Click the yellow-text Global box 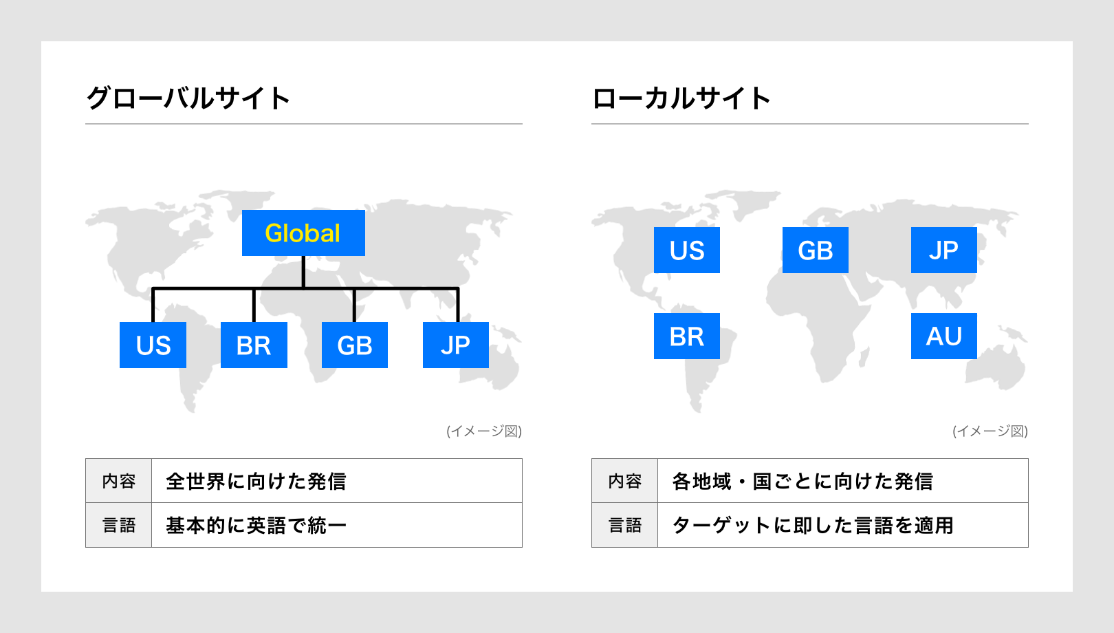pos(303,233)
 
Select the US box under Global pos(153,345)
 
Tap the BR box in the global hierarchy pos(254,345)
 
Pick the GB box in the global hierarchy pos(355,345)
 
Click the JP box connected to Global pos(456,345)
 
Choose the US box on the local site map pos(687,250)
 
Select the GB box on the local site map pos(816,250)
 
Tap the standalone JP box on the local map pos(944,250)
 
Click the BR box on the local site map pos(687,336)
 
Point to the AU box pos(944,336)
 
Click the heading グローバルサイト pos(188,98)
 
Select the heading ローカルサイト pos(681,98)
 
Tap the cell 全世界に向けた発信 pos(337,481)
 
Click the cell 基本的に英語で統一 pos(337,525)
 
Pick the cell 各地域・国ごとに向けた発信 pos(843,481)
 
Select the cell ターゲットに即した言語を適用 pos(843,525)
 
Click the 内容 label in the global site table pos(119,481)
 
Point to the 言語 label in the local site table pos(625,526)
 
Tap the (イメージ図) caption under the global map pos(484,431)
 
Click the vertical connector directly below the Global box pos(303,272)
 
